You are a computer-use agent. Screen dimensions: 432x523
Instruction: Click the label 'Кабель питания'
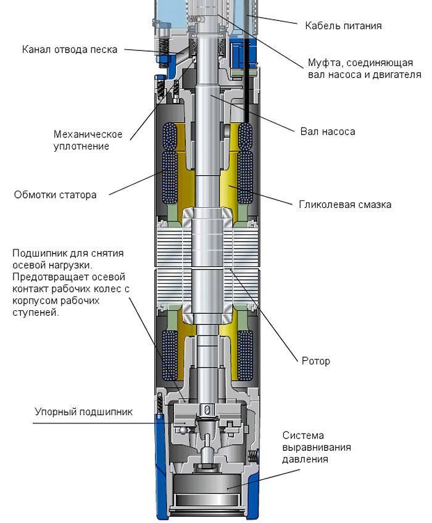point(343,26)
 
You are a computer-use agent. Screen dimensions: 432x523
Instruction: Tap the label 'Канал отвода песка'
point(70,50)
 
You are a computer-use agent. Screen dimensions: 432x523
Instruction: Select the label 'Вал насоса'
point(328,131)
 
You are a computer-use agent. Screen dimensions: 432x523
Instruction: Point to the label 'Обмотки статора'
point(55,195)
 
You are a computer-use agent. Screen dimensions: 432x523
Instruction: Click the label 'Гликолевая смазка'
point(345,205)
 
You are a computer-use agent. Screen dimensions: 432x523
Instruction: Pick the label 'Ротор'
point(316,361)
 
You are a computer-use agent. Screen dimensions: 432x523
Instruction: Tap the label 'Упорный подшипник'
point(83,412)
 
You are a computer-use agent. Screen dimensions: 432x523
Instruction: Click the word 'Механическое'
point(88,134)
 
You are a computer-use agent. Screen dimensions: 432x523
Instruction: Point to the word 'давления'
point(305,459)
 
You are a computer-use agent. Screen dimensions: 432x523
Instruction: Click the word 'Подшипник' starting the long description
point(39,253)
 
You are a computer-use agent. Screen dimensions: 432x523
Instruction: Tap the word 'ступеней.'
point(36,313)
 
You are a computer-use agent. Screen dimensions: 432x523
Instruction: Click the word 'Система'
point(303,435)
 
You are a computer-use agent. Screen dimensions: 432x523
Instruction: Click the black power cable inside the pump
point(246,80)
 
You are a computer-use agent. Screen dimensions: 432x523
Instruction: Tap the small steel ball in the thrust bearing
point(183,430)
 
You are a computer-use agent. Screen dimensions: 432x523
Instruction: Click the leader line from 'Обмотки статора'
point(136,183)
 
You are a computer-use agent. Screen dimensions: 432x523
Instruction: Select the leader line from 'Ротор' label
point(263,315)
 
